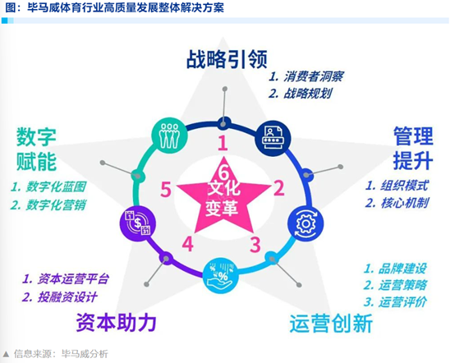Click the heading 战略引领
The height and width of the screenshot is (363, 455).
(227, 59)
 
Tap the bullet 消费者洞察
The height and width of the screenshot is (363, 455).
(314, 76)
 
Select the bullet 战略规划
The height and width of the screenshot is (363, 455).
(308, 94)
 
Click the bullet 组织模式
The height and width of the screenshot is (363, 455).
(405, 186)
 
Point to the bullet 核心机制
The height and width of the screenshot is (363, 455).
(405, 203)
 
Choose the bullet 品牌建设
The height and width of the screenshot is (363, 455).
(402, 269)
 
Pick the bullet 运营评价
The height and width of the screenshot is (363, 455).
(402, 302)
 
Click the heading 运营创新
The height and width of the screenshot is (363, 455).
(331, 324)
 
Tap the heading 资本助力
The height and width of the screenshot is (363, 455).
(116, 323)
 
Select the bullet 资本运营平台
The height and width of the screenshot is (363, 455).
(73, 279)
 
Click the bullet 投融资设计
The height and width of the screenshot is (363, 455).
(67, 297)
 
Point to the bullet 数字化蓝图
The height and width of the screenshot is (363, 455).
(56, 186)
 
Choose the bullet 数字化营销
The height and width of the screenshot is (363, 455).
(56, 204)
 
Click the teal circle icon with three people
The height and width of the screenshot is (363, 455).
(170, 136)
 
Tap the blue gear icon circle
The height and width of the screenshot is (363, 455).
(306, 223)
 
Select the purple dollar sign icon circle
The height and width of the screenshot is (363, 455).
(138, 223)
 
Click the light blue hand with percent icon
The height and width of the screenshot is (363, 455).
(221, 276)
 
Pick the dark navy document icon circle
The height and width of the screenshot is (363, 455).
(273, 139)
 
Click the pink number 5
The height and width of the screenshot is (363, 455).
(166, 190)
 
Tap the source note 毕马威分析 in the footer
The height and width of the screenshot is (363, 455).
(85, 354)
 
